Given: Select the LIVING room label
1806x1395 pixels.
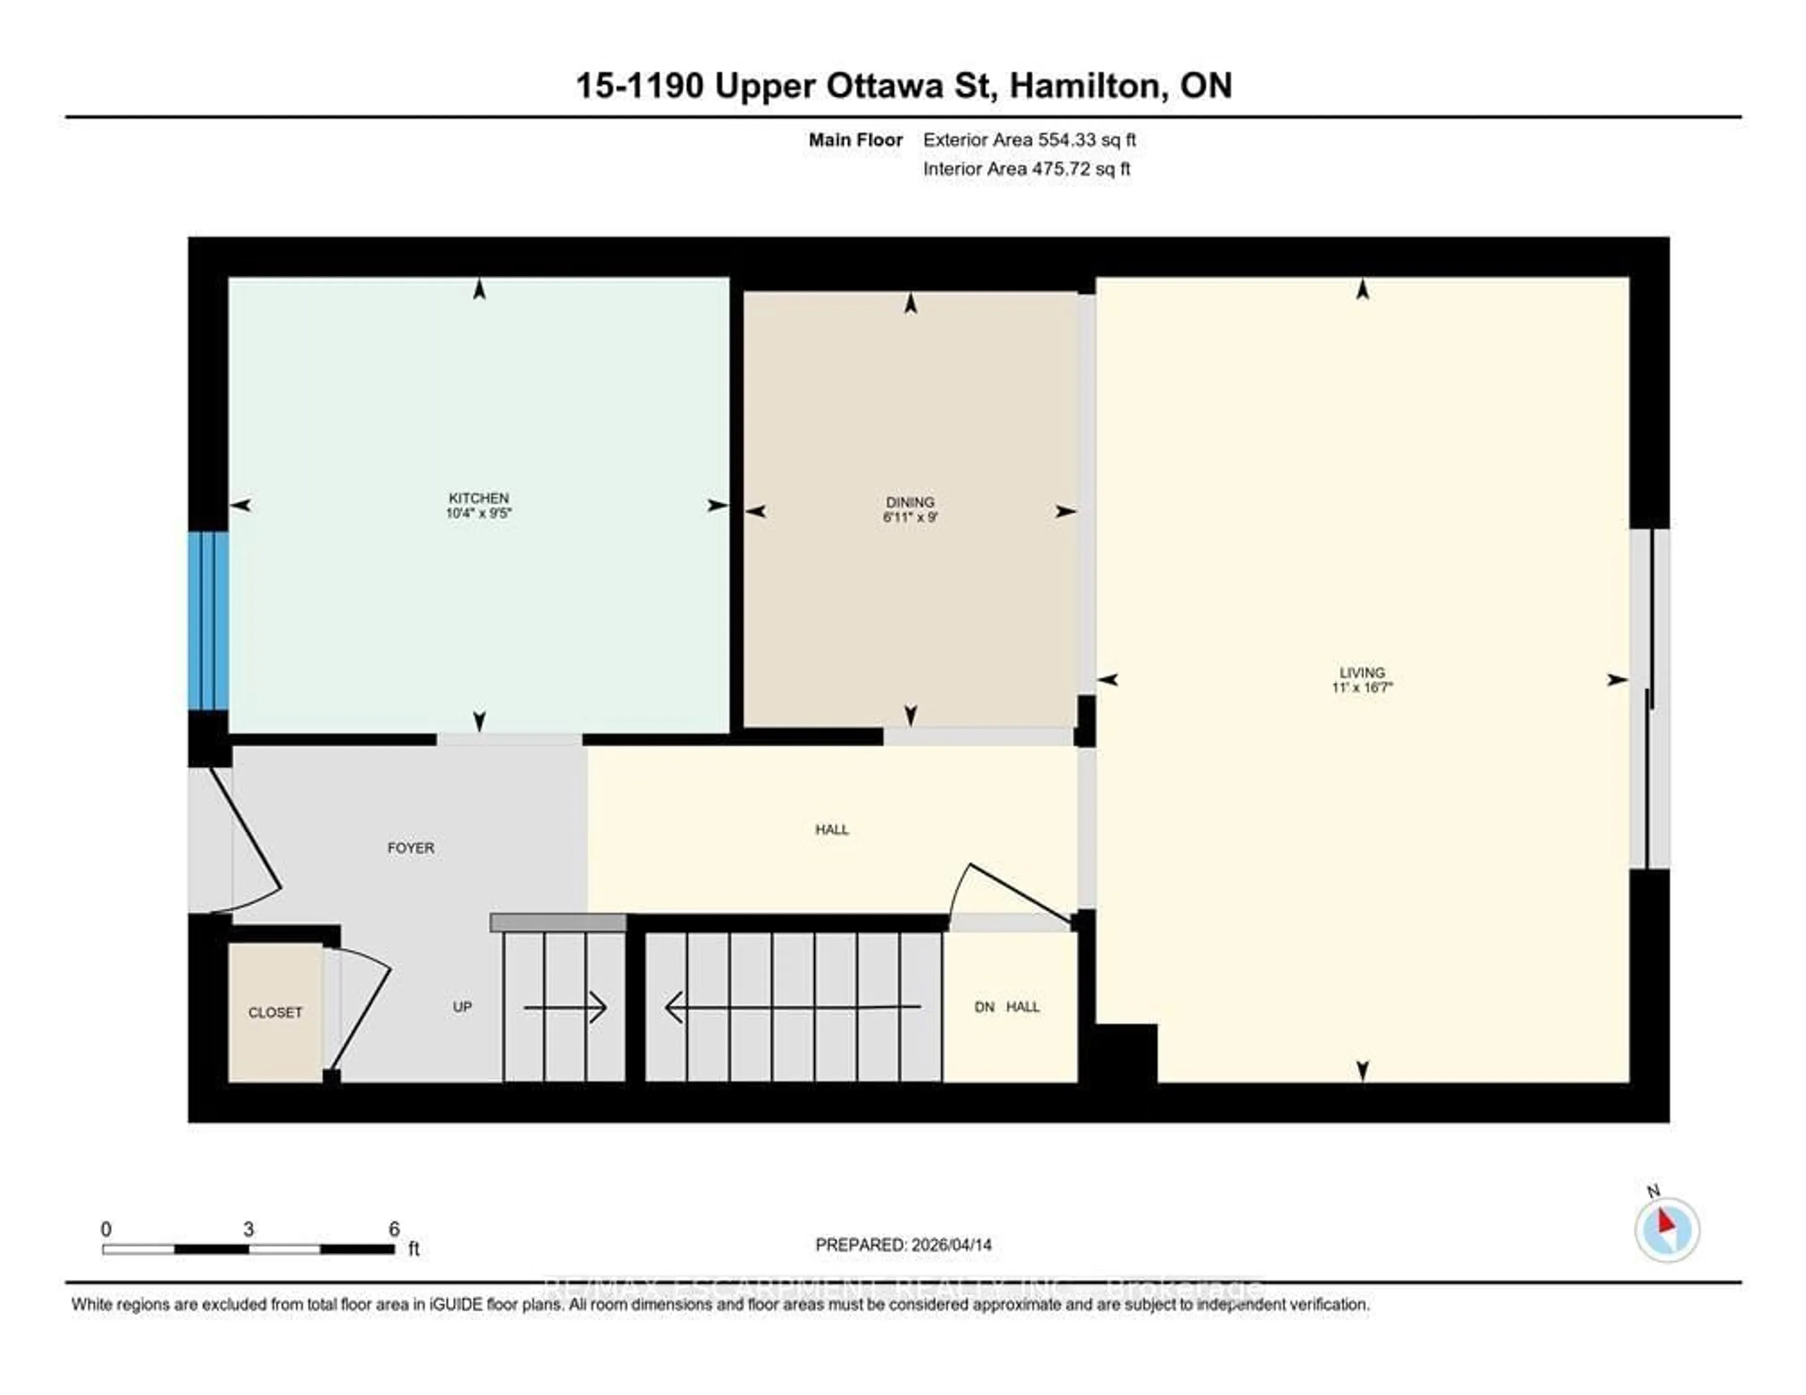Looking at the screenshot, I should click(1362, 673).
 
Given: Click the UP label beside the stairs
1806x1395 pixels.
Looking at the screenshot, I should click(462, 1007).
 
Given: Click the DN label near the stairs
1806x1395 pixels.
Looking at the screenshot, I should click(984, 1007).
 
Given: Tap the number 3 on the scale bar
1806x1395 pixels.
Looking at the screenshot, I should click(248, 1229).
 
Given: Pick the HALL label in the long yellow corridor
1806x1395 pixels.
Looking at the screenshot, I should click(832, 830).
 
